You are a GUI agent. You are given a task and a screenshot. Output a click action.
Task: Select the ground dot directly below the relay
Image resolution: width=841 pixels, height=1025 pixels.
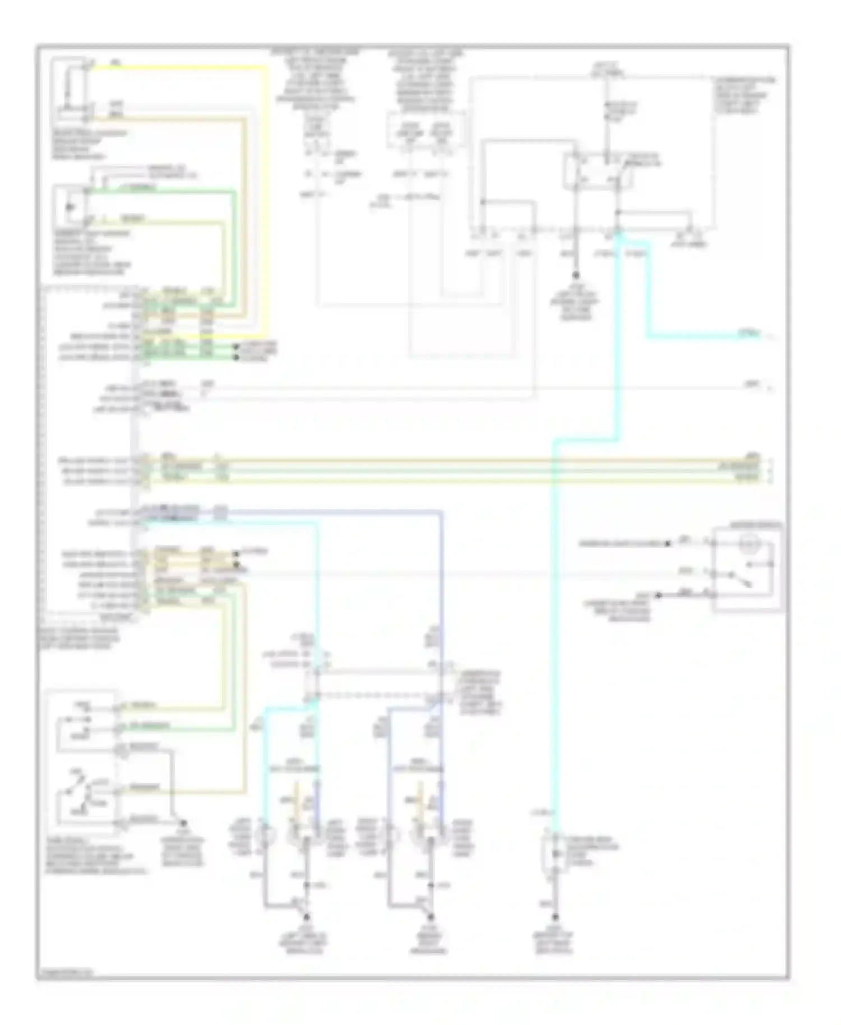pyautogui.click(x=575, y=275)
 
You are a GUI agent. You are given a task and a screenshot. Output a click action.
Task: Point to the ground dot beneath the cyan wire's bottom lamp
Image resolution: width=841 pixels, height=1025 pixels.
pyautogui.click(x=555, y=918)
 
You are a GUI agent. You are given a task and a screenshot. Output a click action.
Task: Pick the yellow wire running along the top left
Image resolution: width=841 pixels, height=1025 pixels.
pyautogui.click(x=179, y=67)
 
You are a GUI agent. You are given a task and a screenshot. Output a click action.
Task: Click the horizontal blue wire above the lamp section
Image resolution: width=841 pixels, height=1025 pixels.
pyautogui.click(x=336, y=511)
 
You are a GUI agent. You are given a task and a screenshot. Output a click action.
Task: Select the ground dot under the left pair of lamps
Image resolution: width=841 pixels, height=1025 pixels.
pyautogui.click(x=306, y=918)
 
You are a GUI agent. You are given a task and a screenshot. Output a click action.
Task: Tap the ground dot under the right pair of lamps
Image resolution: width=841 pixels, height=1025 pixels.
pyautogui.click(x=431, y=918)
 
